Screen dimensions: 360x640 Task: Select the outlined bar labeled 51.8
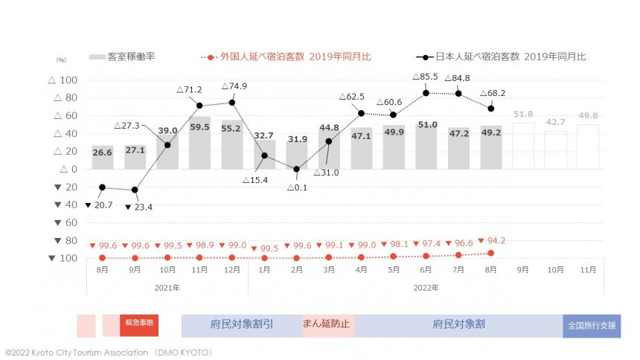523,146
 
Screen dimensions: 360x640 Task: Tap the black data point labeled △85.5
426,93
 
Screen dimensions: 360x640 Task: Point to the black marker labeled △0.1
296,169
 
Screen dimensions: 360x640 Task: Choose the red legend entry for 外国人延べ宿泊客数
286,57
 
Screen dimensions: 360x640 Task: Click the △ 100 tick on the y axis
63,80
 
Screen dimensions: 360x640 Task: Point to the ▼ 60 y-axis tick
63,222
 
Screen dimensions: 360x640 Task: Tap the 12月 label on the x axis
231,271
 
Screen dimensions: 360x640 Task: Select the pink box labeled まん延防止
328,325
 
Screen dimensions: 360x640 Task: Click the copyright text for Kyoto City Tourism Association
109,352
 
